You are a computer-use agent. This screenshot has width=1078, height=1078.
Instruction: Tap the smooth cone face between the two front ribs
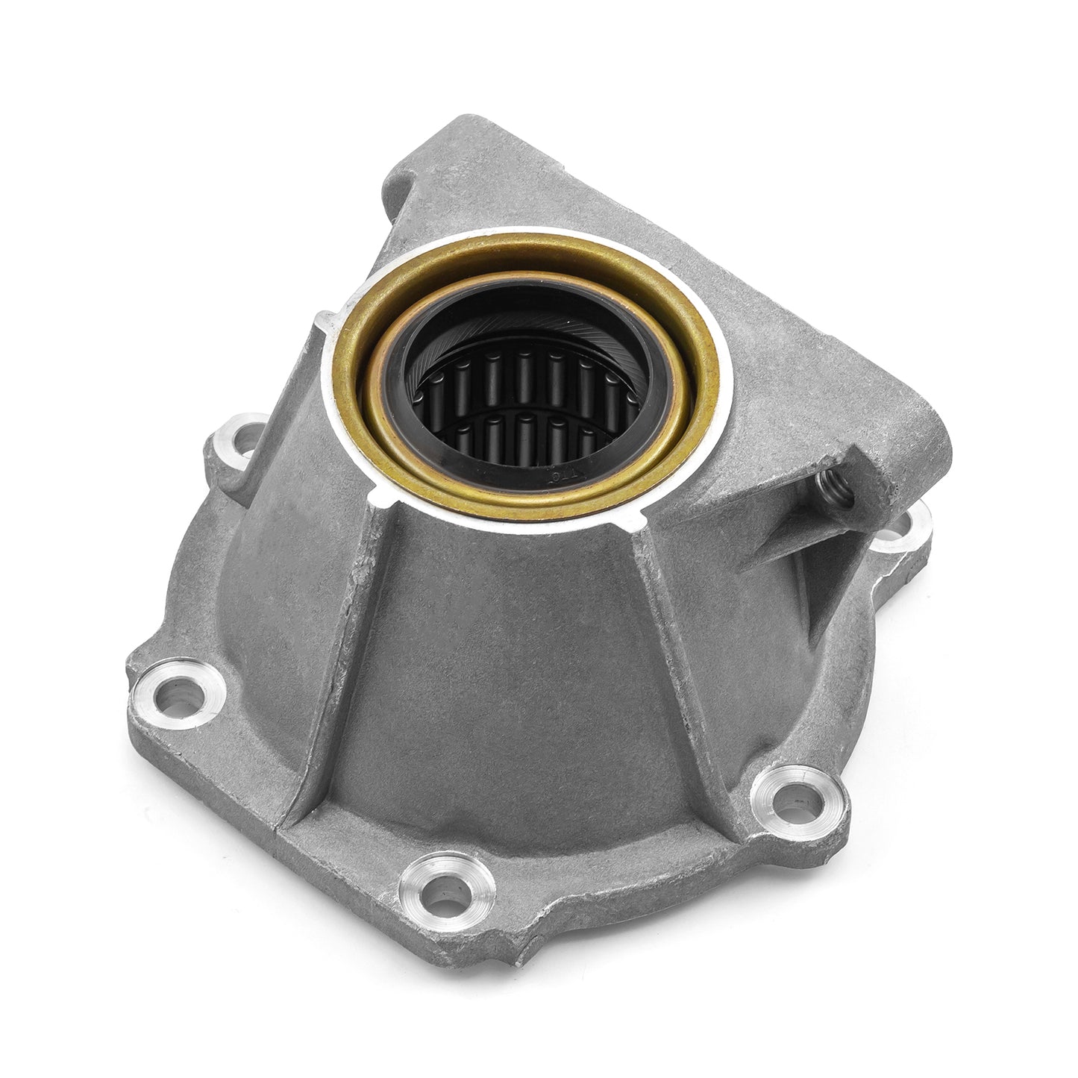(507, 671)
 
